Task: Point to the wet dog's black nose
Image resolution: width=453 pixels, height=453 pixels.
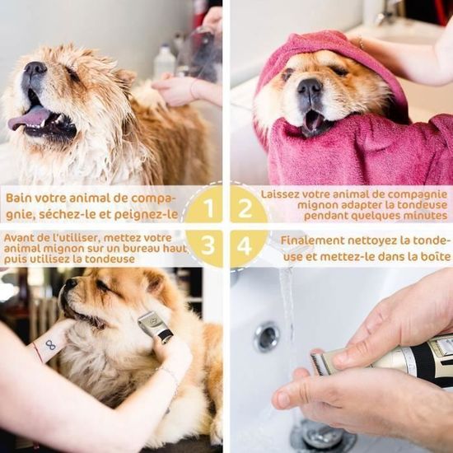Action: (x=35, y=70)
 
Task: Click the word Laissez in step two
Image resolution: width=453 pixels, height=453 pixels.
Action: (x=280, y=194)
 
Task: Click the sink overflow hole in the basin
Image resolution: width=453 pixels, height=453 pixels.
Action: (x=266, y=336)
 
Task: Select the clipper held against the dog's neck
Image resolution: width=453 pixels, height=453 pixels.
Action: (x=154, y=326)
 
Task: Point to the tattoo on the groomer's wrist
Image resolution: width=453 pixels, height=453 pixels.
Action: (x=50, y=344)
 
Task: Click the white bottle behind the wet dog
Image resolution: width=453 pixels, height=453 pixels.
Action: (x=165, y=63)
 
